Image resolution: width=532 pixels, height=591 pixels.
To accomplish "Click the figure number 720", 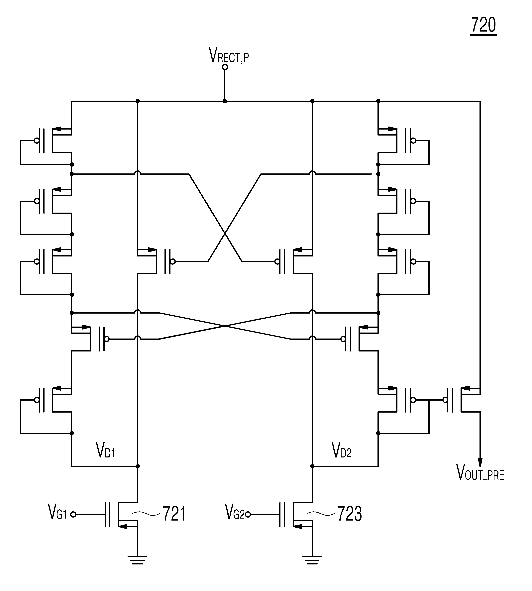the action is (483, 25).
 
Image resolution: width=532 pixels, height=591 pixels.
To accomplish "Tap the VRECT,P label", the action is (229, 55).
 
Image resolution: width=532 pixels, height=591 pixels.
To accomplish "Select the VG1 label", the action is (57, 512).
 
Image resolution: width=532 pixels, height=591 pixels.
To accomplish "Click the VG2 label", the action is (235, 512).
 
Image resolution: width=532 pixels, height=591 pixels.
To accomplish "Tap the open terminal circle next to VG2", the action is (248, 514).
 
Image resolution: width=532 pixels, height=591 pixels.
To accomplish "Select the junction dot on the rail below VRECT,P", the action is (225, 101).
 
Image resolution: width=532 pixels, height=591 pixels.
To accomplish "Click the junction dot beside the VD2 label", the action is (312, 466).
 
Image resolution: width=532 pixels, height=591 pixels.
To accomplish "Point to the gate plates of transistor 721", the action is (108, 514).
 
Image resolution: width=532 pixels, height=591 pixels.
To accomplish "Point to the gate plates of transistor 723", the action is (282, 514).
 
